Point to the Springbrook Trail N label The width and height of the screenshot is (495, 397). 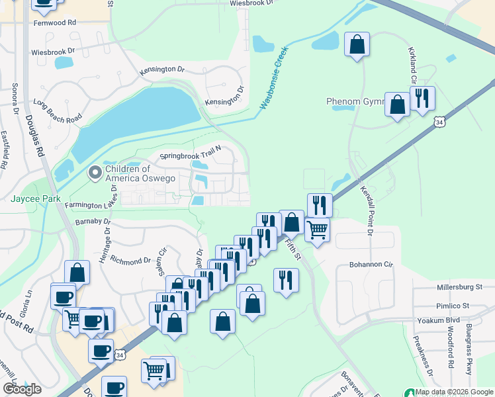[190, 157]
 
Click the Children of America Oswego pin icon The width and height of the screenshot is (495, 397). [95, 173]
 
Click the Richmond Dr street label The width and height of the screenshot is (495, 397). [132, 259]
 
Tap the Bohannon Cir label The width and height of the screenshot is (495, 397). [365, 265]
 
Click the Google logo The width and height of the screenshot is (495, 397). [22, 389]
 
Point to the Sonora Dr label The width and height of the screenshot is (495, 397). [13, 99]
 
